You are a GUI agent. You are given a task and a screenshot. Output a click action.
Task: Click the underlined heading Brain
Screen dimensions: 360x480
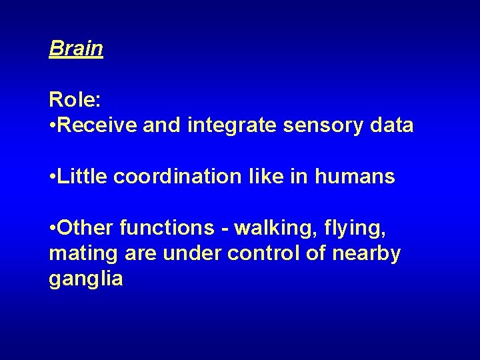point(76,48)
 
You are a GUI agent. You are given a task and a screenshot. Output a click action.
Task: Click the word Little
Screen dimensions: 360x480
point(83,177)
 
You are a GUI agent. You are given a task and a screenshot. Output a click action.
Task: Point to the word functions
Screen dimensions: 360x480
point(166,228)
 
